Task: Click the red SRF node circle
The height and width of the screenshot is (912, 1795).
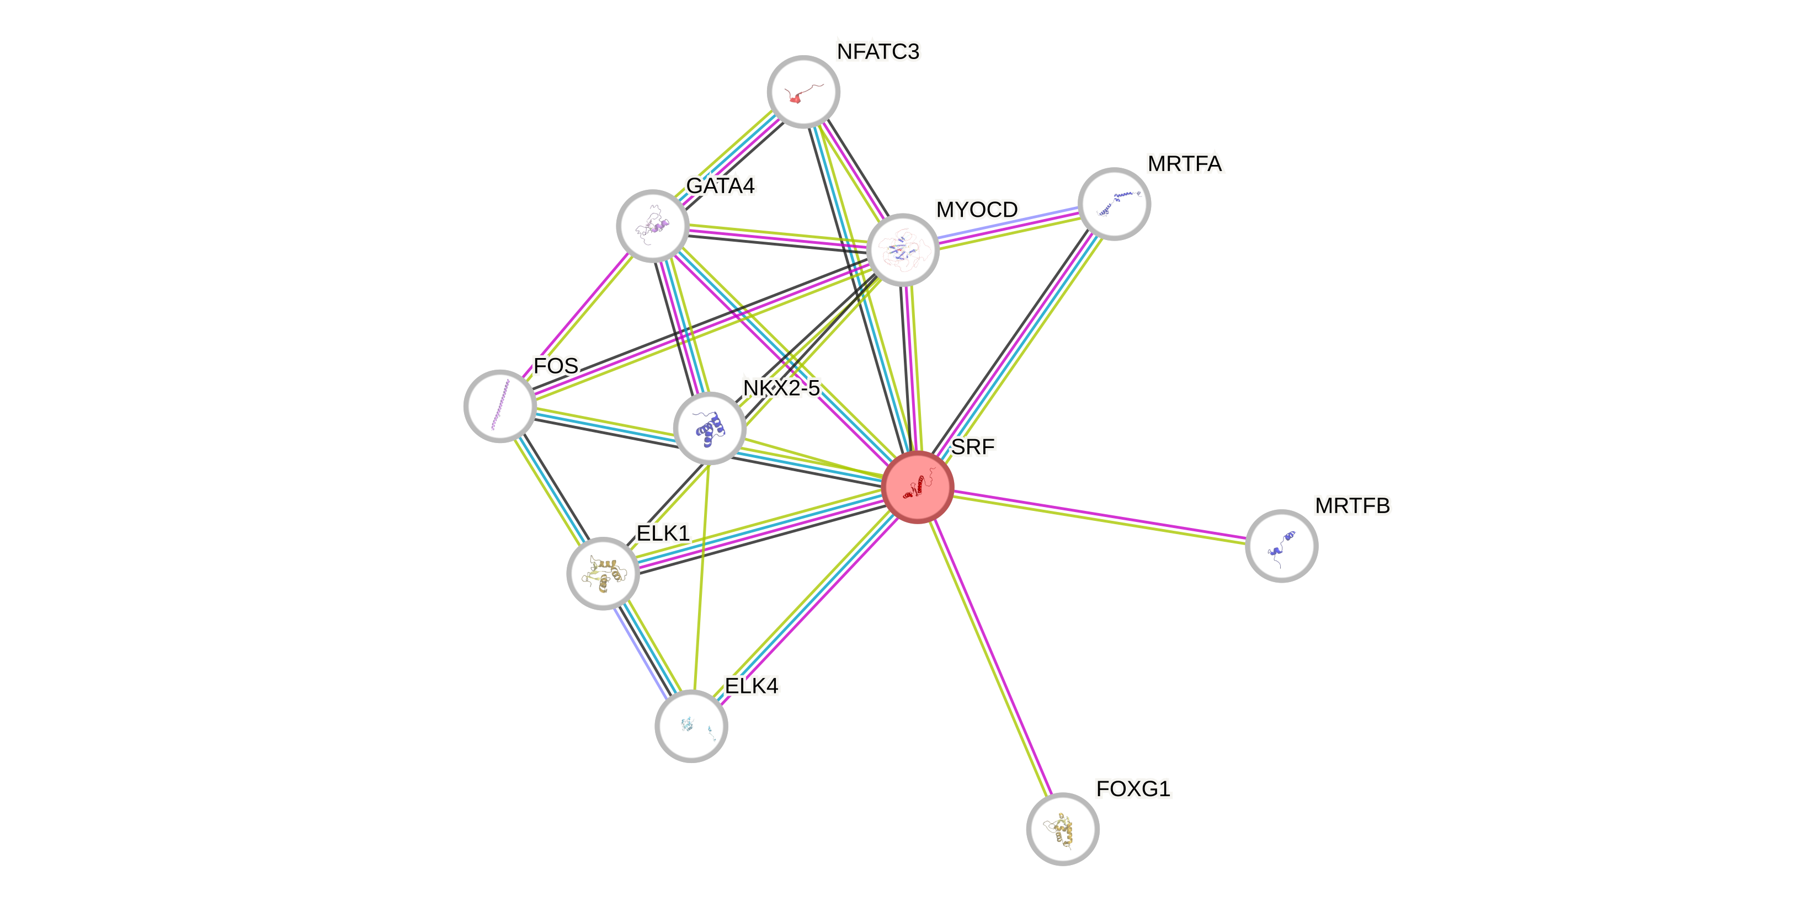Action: click(917, 486)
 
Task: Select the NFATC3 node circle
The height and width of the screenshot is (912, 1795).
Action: click(803, 92)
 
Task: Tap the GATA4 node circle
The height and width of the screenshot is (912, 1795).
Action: click(653, 226)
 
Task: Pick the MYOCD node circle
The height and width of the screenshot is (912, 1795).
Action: click(902, 249)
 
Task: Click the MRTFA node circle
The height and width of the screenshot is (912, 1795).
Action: click(1114, 204)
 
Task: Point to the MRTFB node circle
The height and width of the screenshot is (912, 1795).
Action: click(1281, 546)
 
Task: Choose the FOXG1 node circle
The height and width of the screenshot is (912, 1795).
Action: click(1062, 828)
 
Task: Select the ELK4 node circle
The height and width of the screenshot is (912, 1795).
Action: click(691, 726)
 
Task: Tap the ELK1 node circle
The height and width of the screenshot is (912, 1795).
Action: click(603, 573)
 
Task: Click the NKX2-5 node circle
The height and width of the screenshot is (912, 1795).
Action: click(710, 428)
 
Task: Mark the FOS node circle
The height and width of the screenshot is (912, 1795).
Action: click(499, 406)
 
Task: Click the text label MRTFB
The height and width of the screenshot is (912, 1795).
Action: click(1352, 506)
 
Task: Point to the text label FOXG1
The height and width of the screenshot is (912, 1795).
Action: click(1133, 788)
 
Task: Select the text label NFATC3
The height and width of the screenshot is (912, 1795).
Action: click(878, 51)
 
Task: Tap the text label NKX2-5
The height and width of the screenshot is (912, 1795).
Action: click(781, 387)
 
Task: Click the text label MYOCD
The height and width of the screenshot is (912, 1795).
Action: click(976, 209)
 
